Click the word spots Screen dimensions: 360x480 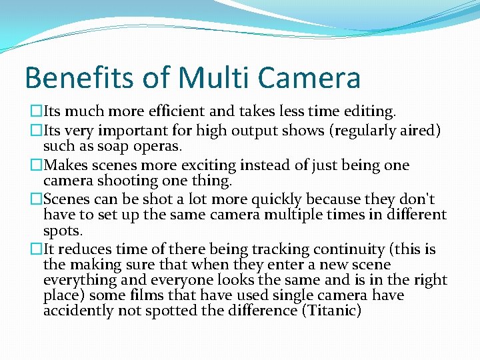pos(63,231)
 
